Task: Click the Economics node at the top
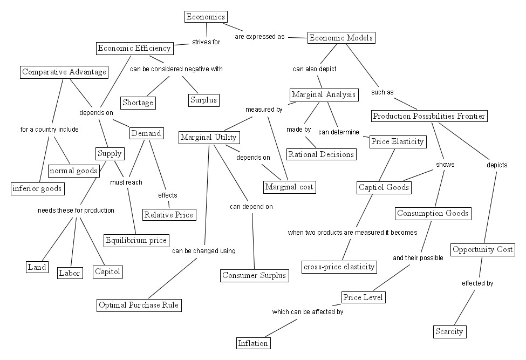(x=205, y=17)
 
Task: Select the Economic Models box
(x=340, y=38)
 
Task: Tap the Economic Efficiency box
(x=134, y=49)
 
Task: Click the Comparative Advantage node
(x=64, y=72)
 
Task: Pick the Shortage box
(x=138, y=103)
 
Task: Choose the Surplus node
(x=203, y=100)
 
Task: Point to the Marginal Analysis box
(x=324, y=95)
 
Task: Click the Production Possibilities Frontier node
(x=429, y=116)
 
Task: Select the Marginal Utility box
(x=209, y=138)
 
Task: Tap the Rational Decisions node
(x=322, y=154)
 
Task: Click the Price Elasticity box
(x=398, y=142)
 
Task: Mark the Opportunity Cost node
(x=482, y=249)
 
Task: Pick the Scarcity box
(x=449, y=331)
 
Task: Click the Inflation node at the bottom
(x=253, y=343)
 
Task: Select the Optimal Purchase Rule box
(x=138, y=305)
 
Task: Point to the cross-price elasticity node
(x=339, y=266)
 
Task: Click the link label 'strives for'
(x=206, y=42)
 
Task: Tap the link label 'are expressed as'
(x=259, y=37)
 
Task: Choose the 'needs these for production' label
(x=76, y=210)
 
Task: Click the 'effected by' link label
(x=477, y=283)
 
